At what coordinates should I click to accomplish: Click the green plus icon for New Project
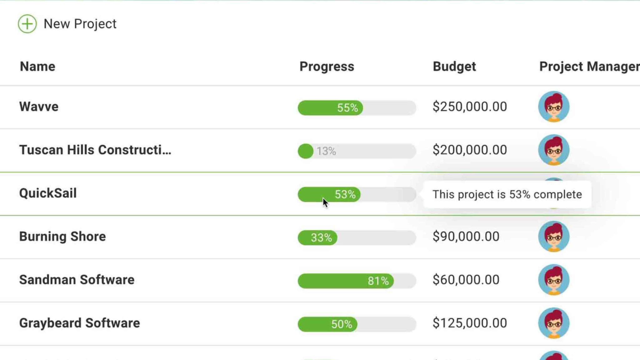tap(27, 24)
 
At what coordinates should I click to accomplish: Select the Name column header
tap(37, 67)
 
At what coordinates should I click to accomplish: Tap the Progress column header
tap(327, 67)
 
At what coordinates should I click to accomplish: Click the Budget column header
tap(454, 67)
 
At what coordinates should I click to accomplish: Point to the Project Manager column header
tap(589, 67)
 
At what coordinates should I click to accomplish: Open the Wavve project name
tap(39, 107)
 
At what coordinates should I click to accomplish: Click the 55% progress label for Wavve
tap(347, 108)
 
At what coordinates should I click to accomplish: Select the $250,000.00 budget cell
tap(470, 107)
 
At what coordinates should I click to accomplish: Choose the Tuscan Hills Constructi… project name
tap(95, 150)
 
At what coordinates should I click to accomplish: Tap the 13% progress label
tap(326, 151)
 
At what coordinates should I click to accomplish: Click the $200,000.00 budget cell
tap(470, 150)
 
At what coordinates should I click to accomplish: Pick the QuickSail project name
tap(48, 193)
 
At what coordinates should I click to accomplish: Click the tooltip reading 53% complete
tap(507, 194)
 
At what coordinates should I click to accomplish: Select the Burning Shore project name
tap(62, 237)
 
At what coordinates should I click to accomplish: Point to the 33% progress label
tap(321, 238)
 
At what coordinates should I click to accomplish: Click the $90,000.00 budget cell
tap(466, 237)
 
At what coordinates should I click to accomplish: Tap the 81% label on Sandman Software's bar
tap(378, 281)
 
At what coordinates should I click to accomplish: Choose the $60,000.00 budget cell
tap(466, 280)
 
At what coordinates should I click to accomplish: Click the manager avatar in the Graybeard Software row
tap(554, 323)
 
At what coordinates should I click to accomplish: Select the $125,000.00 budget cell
tap(470, 323)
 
